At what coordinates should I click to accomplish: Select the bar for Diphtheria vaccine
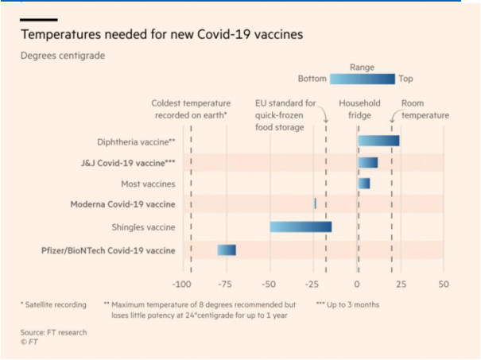(x=378, y=141)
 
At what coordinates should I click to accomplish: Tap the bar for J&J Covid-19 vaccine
(x=367, y=162)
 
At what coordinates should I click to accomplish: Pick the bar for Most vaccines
(x=363, y=184)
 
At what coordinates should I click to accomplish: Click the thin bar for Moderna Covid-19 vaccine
(x=316, y=204)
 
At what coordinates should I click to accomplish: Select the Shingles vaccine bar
(x=301, y=226)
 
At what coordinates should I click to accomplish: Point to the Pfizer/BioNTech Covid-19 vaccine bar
(x=227, y=250)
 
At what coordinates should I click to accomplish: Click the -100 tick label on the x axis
(x=183, y=284)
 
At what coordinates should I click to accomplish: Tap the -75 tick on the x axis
(x=227, y=284)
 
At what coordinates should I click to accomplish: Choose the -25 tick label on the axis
(x=313, y=284)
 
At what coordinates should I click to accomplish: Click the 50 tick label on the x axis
(x=444, y=284)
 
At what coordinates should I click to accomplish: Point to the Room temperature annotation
(x=425, y=110)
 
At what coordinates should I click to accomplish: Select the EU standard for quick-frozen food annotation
(x=285, y=115)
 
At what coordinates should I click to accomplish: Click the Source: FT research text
(x=53, y=332)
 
